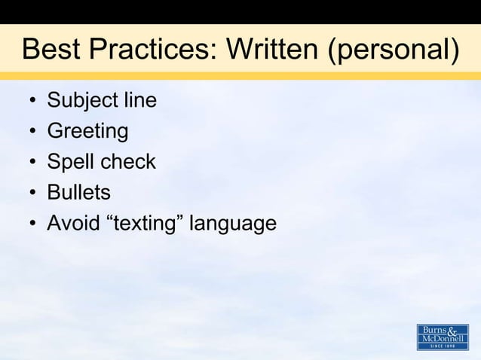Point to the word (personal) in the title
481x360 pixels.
click(x=394, y=51)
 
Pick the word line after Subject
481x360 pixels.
click(x=137, y=100)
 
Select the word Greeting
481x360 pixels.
click(x=87, y=132)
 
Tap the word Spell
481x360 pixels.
click(x=69, y=163)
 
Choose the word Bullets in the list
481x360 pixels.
click(x=78, y=193)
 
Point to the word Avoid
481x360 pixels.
click(x=70, y=224)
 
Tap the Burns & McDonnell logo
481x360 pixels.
click(x=443, y=337)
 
